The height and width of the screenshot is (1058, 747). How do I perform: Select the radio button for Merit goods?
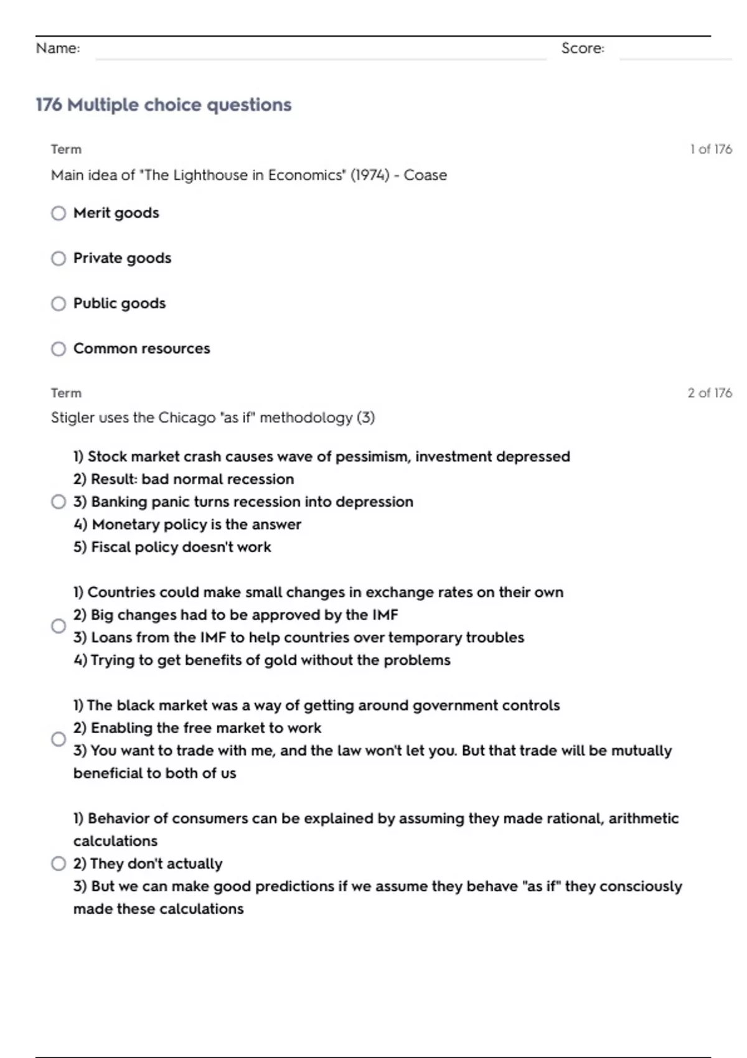coord(59,213)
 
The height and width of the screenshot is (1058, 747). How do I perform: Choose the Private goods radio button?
coord(59,258)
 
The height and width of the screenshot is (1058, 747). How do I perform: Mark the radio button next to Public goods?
coord(59,304)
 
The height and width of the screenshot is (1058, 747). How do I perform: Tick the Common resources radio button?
coord(59,349)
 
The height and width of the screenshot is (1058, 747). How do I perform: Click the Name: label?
coord(58,49)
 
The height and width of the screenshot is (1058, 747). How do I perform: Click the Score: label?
coord(583,49)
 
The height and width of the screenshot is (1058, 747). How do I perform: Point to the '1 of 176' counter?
coord(710,149)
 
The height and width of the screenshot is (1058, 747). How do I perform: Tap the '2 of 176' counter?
coord(710,393)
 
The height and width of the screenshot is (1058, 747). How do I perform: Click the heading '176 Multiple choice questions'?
coord(163,105)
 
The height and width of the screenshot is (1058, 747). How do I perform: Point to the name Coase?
coord(425,175)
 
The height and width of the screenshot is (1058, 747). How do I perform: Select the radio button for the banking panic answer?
coord(59,502)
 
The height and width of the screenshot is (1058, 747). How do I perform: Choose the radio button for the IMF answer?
coord(59,626)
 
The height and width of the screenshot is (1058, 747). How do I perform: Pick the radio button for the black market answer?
coord(59,739)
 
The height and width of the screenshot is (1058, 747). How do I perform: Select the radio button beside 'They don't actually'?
coord(59,864)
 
